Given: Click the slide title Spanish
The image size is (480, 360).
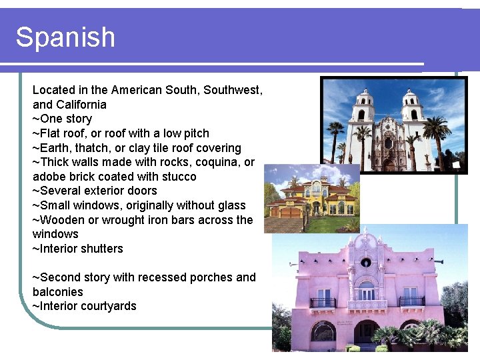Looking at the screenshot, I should tap(65, 37).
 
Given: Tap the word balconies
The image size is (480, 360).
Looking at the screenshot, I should tap(58, 292).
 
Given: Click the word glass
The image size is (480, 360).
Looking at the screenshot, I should tap(231, 205).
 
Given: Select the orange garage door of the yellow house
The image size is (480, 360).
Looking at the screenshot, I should tap(292, 212).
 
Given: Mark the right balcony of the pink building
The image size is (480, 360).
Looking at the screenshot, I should tap(412, 301).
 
